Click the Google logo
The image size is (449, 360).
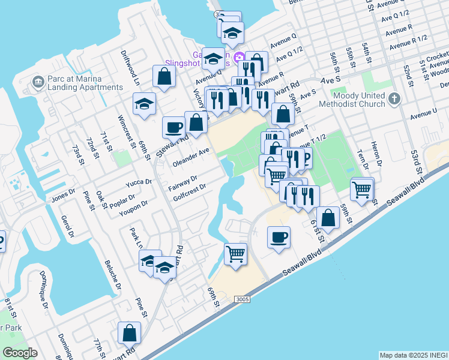20,353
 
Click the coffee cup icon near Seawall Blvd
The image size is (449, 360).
279,238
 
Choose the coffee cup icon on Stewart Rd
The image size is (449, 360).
173,127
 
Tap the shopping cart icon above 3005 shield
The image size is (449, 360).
236,253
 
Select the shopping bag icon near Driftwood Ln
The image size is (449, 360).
164,76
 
